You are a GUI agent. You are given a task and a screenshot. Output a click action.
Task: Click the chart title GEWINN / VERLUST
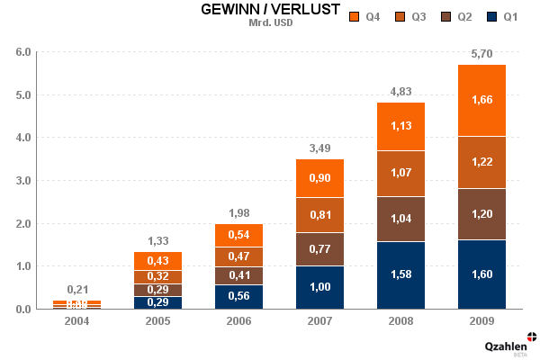pos(270,10)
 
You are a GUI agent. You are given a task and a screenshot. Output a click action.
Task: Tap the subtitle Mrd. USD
pos(270,22)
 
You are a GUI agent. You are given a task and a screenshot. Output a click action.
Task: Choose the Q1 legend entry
pos(502,16)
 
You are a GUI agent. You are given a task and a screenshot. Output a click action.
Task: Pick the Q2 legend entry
pos(456,16)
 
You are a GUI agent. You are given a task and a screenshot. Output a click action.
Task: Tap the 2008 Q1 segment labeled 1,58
pos(400,274)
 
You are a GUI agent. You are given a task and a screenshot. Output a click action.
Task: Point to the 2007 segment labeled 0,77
pos(319,249)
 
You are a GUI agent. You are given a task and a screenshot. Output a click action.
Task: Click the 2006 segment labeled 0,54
pos(238,235)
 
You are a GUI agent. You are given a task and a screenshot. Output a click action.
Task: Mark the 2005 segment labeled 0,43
pos(157,261)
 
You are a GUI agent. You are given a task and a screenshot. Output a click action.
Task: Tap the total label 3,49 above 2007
pos(319,148)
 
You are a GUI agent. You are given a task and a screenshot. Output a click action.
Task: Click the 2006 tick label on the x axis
pos(238,320)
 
